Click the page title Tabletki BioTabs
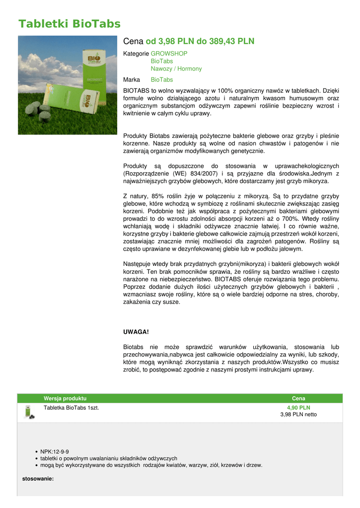69,24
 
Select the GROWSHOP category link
169,54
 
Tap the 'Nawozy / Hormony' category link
176,69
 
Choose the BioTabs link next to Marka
161,80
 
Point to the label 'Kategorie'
136,54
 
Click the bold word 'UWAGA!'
136,331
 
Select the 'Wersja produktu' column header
65,398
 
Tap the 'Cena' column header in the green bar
298,398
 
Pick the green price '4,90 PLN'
298,408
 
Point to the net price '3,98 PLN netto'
298,415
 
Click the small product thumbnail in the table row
29,412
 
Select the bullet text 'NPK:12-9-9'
55,452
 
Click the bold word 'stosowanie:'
38,479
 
